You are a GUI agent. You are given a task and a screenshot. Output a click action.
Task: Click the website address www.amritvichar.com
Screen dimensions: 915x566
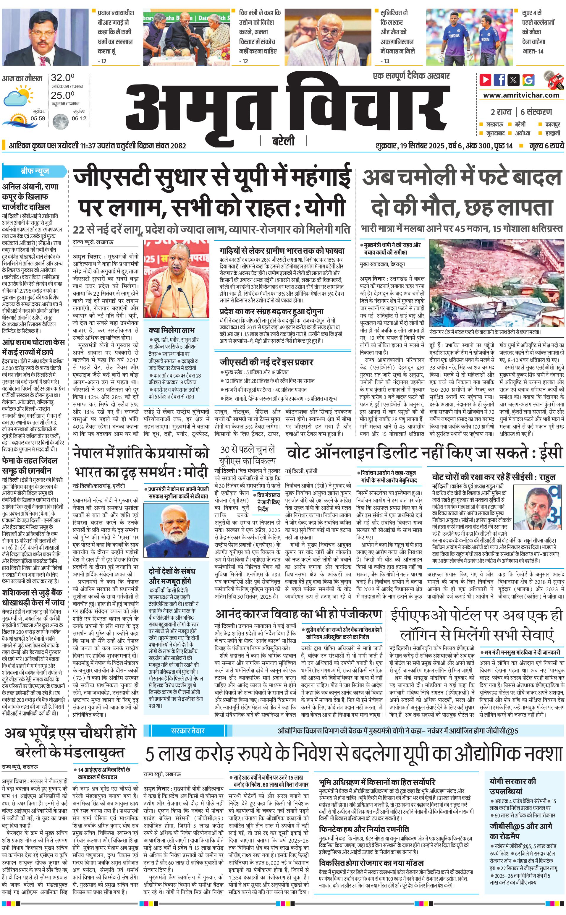tap(521, 95)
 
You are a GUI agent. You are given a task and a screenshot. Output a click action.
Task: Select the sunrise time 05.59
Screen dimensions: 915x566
tap(38, 118)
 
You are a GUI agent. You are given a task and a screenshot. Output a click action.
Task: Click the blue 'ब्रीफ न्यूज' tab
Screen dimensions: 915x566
tap(34, 171)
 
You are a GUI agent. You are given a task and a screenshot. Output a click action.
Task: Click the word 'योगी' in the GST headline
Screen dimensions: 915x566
tap(324, 207)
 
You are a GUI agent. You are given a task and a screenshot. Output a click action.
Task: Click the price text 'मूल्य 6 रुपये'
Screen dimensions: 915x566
tap(546, 145)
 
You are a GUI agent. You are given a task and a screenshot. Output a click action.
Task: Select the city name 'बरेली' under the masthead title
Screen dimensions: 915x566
tap(283, 141)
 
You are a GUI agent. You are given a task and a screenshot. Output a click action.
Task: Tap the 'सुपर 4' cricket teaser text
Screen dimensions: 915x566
tap(533, 32)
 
